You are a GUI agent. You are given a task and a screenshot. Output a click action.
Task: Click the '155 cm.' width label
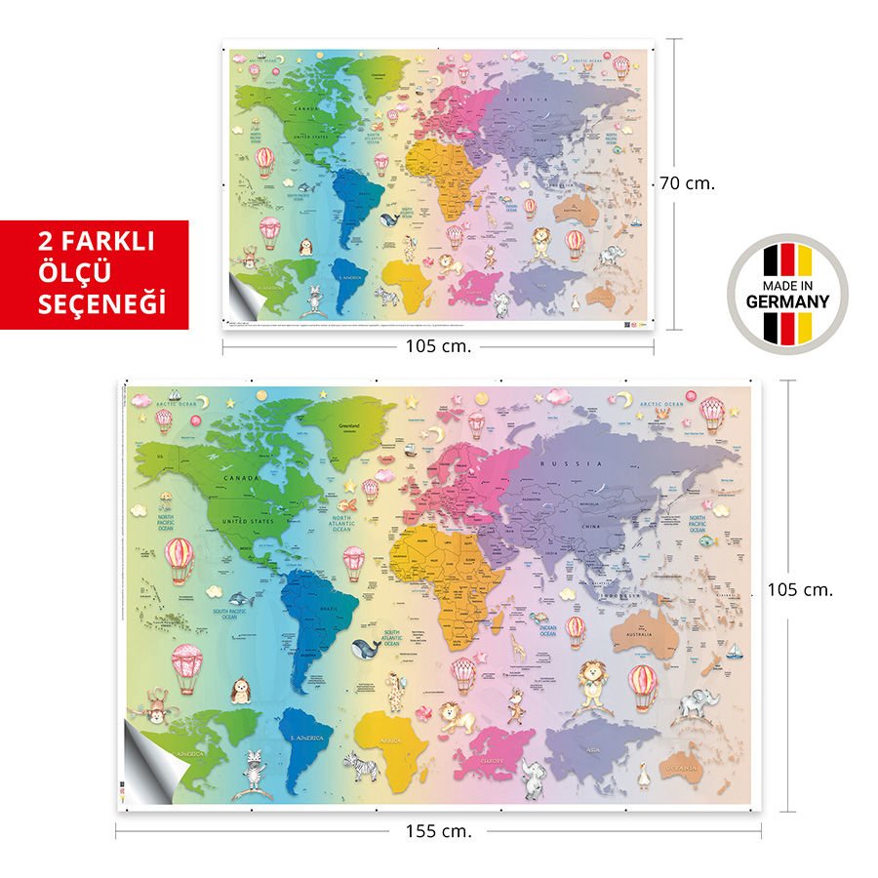438,832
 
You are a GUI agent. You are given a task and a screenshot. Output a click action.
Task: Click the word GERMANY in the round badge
787,301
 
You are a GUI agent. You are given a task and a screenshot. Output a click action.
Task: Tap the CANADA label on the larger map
239,479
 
